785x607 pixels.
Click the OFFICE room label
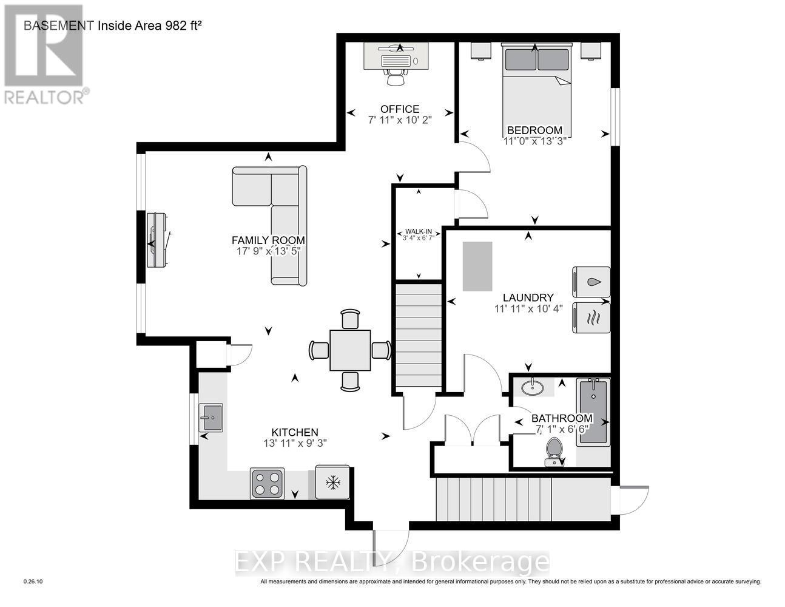tap(399, 109)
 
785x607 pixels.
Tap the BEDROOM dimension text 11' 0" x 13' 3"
tap(534, 141)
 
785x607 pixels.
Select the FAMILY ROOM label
tap(268, 240)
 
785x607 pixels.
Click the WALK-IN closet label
tap(419, 232)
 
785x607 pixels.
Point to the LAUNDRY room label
tap(528, 297)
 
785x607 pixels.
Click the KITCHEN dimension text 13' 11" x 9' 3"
tap(291, 443)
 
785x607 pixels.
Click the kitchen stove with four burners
tap(267, 483)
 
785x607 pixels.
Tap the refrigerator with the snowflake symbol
tap(332, 483)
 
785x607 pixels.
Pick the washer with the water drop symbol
tap(591, 282)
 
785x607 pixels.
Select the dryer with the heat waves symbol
tap(591, 317)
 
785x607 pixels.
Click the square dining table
tap(350, 350)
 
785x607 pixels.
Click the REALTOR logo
tap(44, 53)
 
